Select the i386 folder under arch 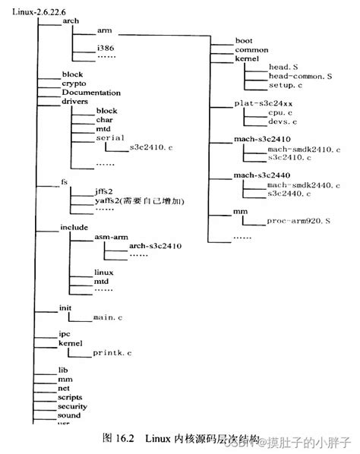click(x=106, y=48)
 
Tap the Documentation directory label click(x=90, y=93)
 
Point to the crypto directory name click(x=74, y=84)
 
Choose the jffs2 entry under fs click(x=104, y=192)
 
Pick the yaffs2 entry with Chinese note click(x=140, y=201)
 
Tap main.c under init click(x=108, y=315)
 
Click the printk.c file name click(x=112, y=353)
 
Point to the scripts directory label click(x=71, y=397)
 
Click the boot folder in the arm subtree click(x=245, y=39)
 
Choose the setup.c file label click(x=286, y=85)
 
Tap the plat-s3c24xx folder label click(x=262, y=102)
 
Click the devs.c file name click(x=282, y=121)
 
